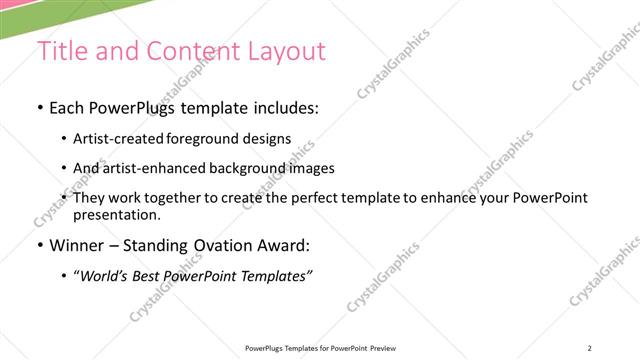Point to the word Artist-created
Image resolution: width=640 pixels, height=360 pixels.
[x=113, y=139]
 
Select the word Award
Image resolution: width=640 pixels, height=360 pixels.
[x=283, y=246]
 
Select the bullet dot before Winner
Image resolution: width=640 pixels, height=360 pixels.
[x=39, y=246]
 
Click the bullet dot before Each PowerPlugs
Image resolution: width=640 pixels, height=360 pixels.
[x=39, y=108]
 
